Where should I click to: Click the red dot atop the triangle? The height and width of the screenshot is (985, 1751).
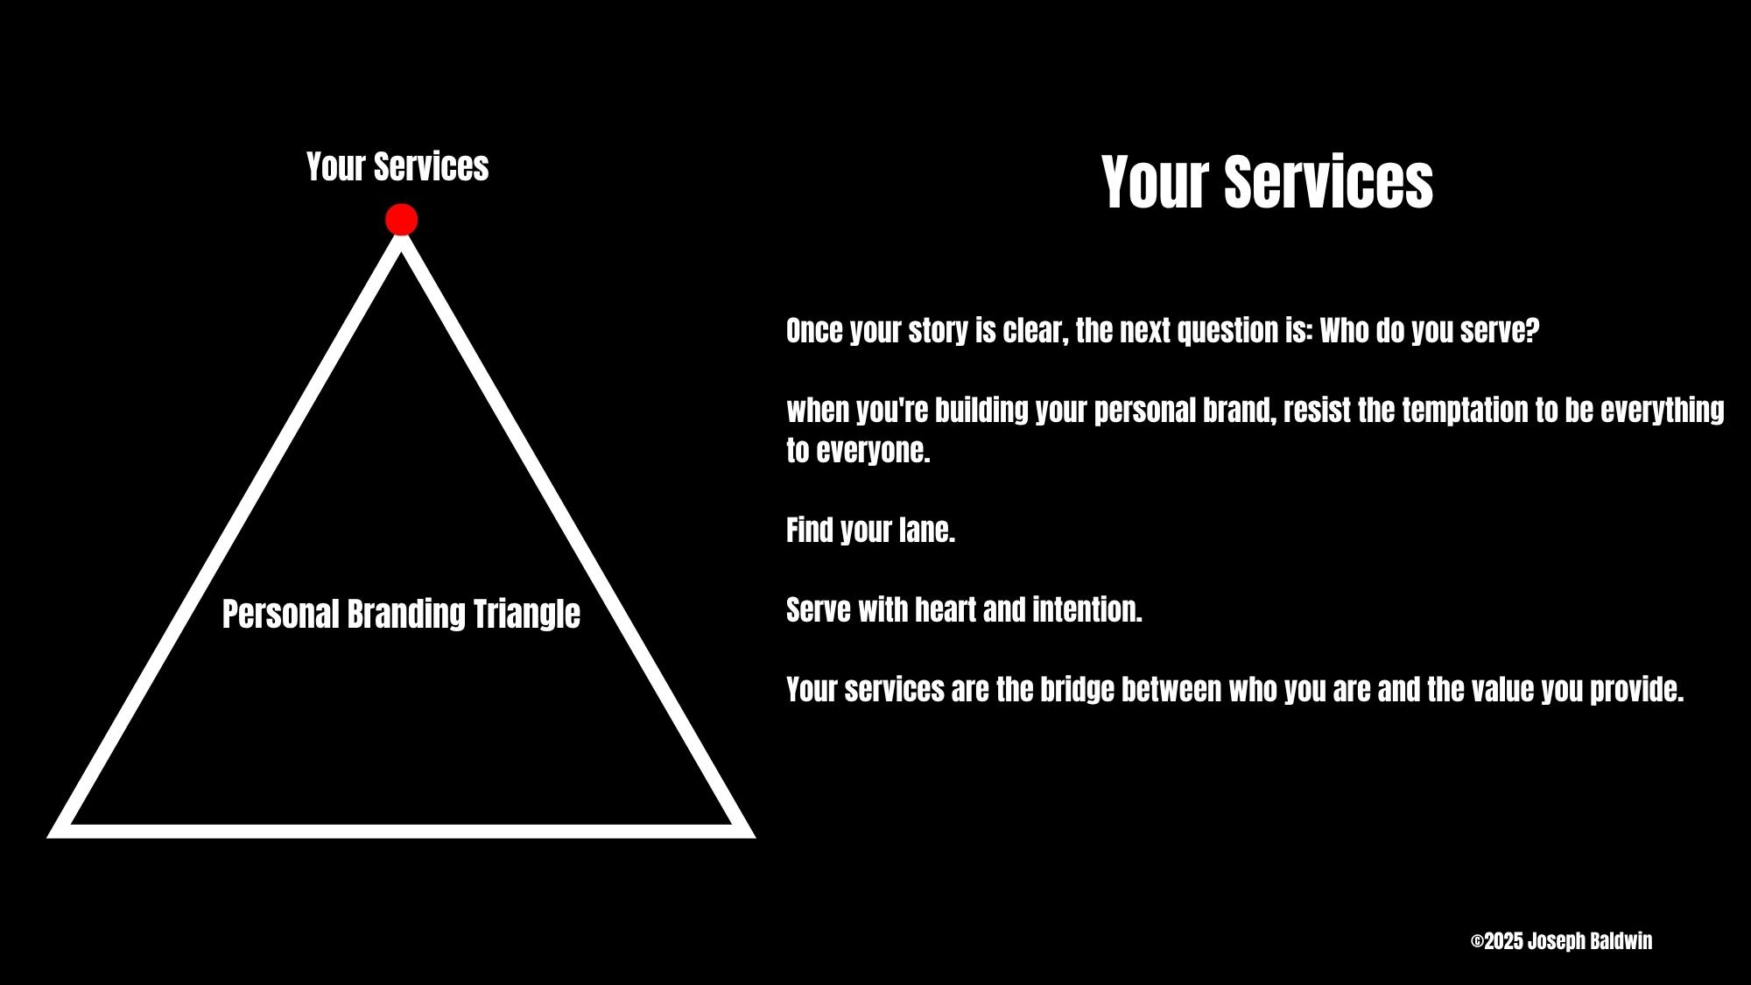(401, 220)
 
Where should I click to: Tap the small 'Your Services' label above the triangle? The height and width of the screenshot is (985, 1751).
(397, 166)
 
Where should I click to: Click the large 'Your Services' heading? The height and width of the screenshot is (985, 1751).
(1267, 182)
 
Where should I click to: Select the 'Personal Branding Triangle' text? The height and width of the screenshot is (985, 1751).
(401, 614)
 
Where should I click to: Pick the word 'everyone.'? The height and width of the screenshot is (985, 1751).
(872, 451)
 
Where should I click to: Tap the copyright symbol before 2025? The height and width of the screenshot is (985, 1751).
(1477, 942)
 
